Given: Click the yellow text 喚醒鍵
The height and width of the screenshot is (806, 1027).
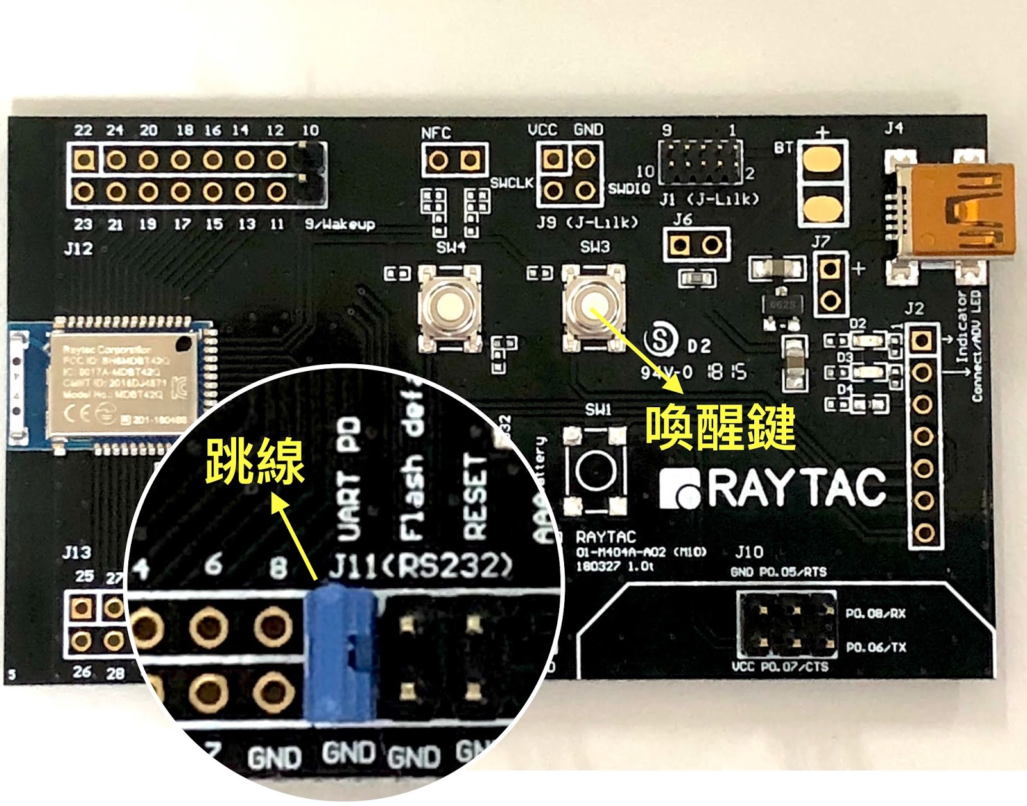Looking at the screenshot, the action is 720,427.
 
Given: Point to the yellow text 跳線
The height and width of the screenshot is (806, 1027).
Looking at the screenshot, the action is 255,461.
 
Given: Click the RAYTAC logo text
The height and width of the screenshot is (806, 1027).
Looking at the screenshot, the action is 773,488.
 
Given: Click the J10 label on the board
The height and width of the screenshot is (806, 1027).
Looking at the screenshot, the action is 749,552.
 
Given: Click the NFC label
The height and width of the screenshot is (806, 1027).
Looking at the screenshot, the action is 436,133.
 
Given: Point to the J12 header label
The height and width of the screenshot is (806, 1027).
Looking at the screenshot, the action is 78,249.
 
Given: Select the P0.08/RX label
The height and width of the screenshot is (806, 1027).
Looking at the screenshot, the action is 875,614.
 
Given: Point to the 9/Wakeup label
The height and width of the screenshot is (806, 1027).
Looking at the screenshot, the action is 340,224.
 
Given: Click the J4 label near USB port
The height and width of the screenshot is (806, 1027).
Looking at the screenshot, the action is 894,128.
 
